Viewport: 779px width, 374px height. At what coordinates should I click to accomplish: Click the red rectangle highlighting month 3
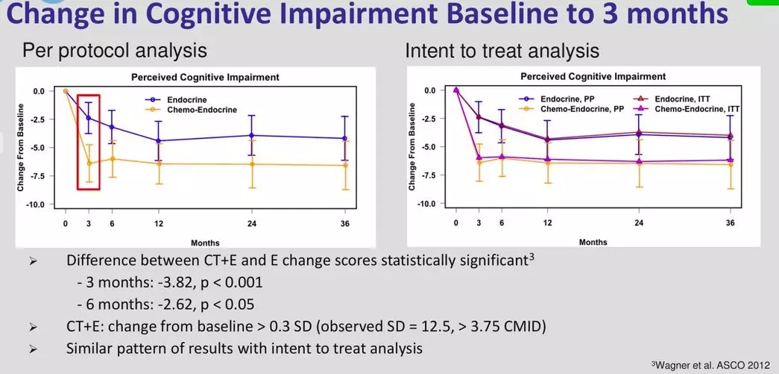(78, 143)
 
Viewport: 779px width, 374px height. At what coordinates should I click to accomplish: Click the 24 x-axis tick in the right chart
(639, 222)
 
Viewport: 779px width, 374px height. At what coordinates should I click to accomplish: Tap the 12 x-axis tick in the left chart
(159, 224)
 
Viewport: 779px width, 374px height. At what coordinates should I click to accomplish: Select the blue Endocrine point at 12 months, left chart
(159, 141)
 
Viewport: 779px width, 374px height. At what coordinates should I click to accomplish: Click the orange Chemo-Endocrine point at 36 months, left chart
(345, 165)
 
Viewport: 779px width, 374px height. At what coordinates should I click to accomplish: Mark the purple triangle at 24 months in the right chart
(639, 161)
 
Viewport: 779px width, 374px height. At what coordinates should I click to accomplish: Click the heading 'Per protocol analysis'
(115, 52)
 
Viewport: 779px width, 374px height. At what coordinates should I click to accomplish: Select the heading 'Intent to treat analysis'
(502, 52)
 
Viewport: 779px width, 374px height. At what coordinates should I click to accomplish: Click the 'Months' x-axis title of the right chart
(593, 242)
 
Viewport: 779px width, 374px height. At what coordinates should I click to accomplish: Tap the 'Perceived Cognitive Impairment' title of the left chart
(205, 77)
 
